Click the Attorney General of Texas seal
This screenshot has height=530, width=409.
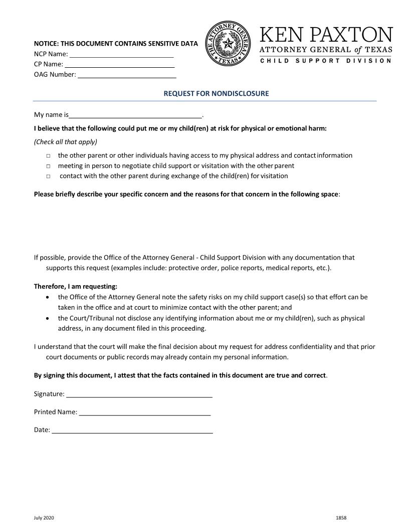coord(228,44)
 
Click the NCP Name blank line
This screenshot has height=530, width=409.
coord(121,55)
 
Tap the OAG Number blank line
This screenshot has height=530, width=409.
coord(127,76)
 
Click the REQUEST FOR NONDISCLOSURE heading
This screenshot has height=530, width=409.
coord(216,93)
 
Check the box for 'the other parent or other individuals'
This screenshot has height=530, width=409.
coord(49,156)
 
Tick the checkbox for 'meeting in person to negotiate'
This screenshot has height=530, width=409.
coord(49,166)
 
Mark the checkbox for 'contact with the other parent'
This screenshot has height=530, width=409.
coord(49,177)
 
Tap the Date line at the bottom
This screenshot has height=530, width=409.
coord(132,431)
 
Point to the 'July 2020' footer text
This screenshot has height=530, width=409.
coord(44,518)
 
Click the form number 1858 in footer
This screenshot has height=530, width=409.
coord(341,518)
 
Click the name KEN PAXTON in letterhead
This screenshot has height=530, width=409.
coord(326,35)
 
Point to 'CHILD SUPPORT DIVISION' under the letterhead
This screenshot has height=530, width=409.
coord(326,61)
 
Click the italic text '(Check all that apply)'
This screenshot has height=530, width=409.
coord(66,142)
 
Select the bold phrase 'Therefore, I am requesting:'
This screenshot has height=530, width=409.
coord(76,287)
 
